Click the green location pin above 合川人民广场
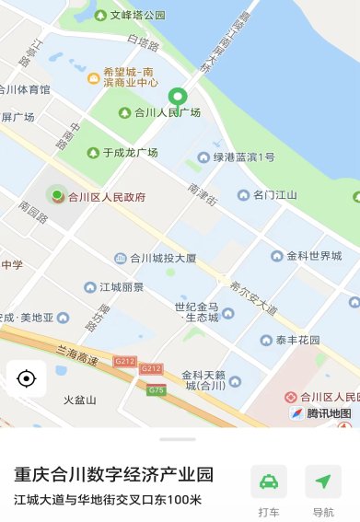pos(178,96)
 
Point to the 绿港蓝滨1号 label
pos(243,157)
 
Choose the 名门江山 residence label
pos(274,195)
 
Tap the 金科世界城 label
pos(313,255)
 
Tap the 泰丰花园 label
pos(296,340)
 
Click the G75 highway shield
pos(157,390)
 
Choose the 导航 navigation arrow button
pos(323,481)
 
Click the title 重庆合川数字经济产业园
pos(113,475)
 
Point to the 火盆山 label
pos(79,400)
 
